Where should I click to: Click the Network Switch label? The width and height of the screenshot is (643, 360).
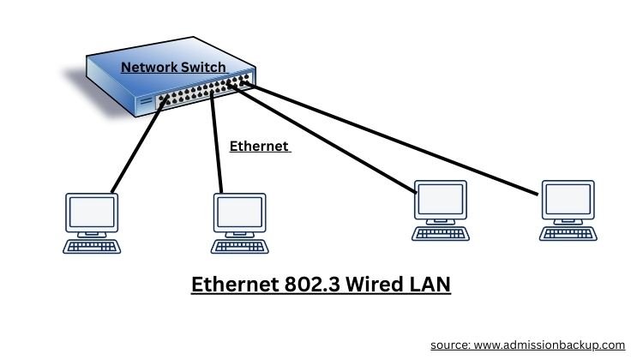point(173,67)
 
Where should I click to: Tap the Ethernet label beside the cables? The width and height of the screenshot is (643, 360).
point(259,147)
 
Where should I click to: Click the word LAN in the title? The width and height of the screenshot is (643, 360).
point(426,284)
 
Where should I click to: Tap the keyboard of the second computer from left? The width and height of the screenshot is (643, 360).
point(238,246)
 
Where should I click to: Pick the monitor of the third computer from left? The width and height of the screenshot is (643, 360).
point(441,201)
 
